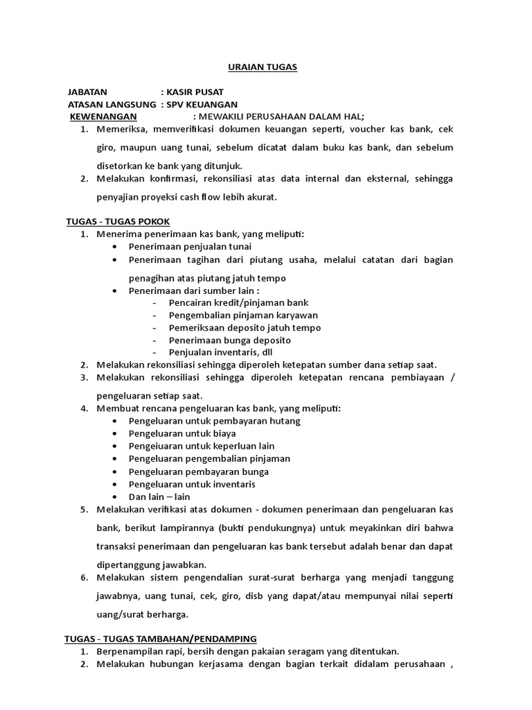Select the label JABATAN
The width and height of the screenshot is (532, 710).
pyautogui.click(x=88, y=92)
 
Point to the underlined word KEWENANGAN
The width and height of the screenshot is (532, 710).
pyautogui.click(x=103, y=116)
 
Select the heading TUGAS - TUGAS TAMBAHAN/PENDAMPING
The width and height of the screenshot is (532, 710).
pyautogui.click(x=161, y=639)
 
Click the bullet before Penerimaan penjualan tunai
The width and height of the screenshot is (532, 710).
pyautogui.click(x=114, y=247)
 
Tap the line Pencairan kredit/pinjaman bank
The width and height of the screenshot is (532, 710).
pyautogui.click(x=238, y=303)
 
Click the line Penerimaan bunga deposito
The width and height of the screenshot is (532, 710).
pyautogui.click(x=229, y=340)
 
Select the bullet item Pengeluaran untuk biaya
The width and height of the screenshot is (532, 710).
pyautogui.click(x=182, y=433)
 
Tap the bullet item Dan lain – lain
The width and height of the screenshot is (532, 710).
pyautogui.click(x=159, y=496)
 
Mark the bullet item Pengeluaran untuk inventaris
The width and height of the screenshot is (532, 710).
pyautogui.click(x=192, y=484)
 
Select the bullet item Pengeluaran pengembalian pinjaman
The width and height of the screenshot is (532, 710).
pyautogui.click(x=209, y=458)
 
